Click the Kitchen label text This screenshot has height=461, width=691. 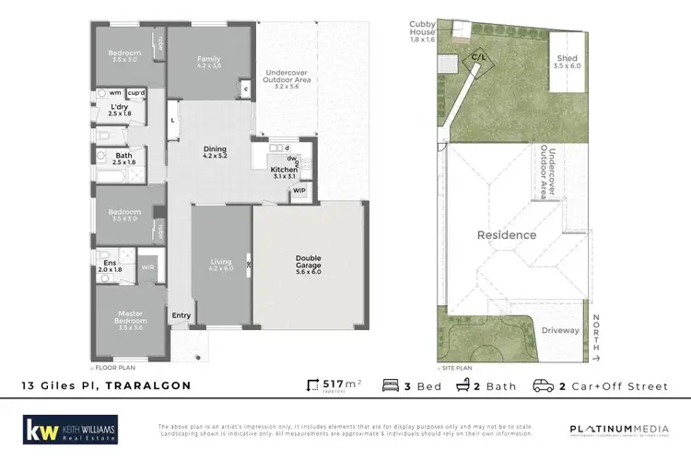[x=283, y=171]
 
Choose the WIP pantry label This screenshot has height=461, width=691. [x=299, y=191]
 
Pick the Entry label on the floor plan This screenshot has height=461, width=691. [x=181, y=316]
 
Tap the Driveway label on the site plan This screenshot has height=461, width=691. [x=559, y=328]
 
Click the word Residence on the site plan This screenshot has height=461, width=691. [x=506, y=235]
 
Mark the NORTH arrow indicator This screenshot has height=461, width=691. [x=597, y=337]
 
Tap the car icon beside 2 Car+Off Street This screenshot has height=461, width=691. [x=544, y=385]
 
